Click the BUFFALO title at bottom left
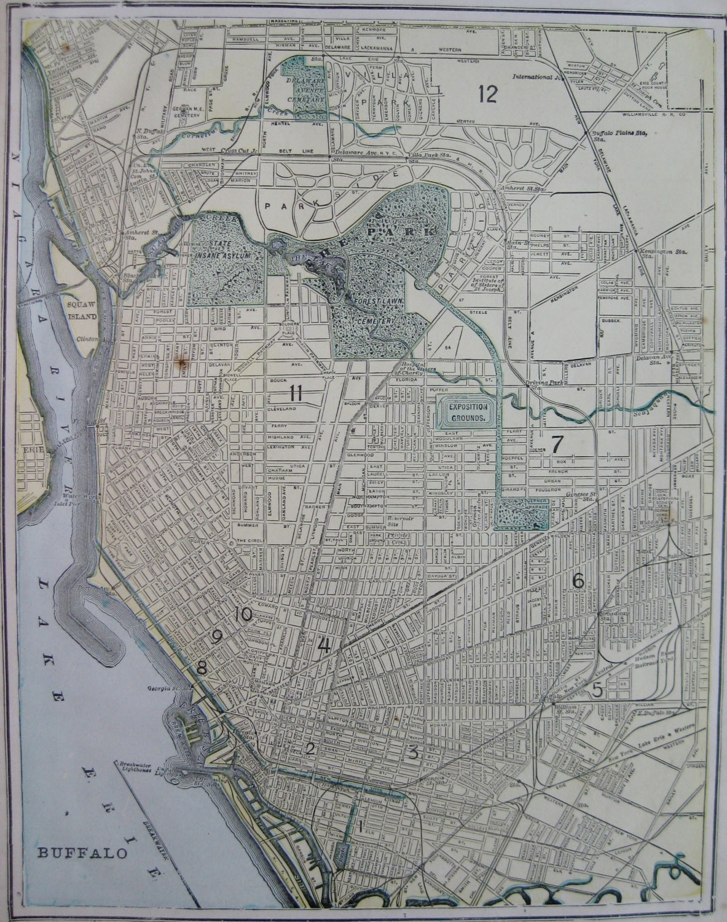point(82,853)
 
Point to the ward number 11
point(296,393)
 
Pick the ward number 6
point(578,580)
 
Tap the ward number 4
point(324,646)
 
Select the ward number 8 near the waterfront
point(202,666)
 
